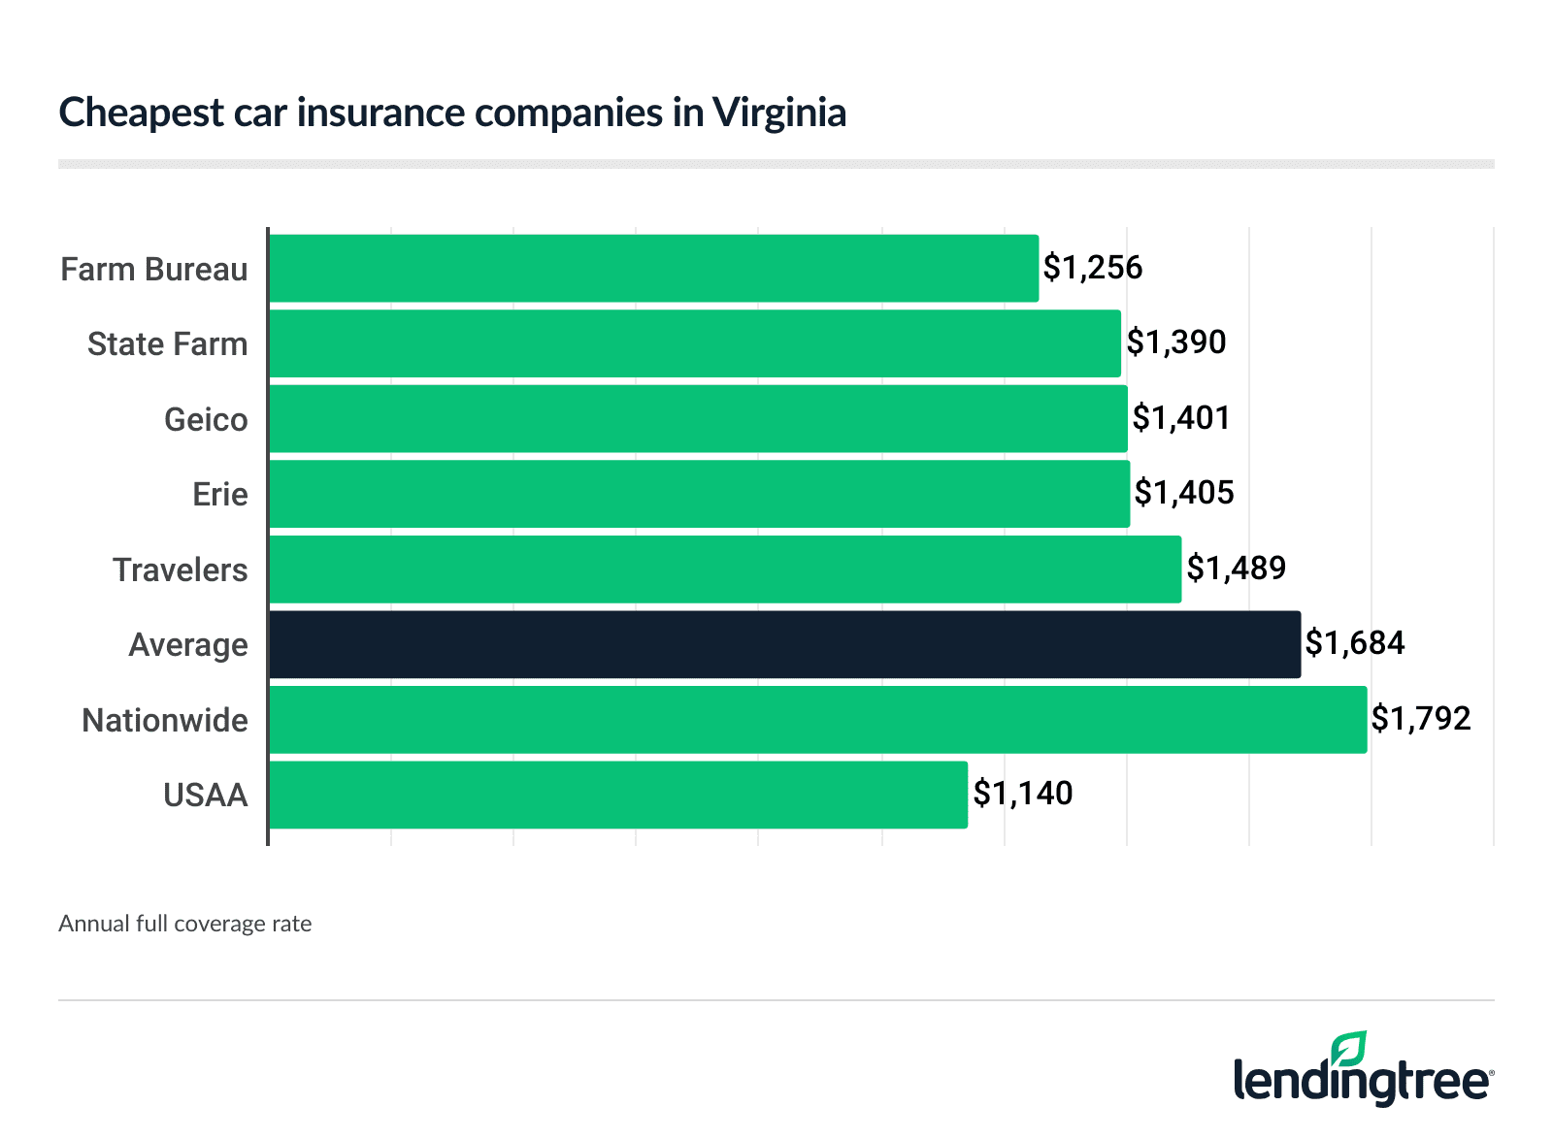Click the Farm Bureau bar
click(653, 269)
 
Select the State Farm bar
click(694, 343)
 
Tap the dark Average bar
click(784, 644)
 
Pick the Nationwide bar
click(817, 720)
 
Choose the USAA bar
click(617, 795)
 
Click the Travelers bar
click(725, 569)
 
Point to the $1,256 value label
click(1093, 268)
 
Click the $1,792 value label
click(1421, 719)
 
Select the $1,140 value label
click(1023, 794)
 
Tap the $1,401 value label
click(1181, 418)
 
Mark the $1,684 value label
click(1355, 643)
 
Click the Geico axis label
click(206, 420)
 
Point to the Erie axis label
click(220, 495)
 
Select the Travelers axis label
click(181, 570)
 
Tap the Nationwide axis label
click(165, 721)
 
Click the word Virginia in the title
click(779, 113)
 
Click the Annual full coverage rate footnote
click(185, 924)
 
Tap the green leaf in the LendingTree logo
click(1349, 1049)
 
